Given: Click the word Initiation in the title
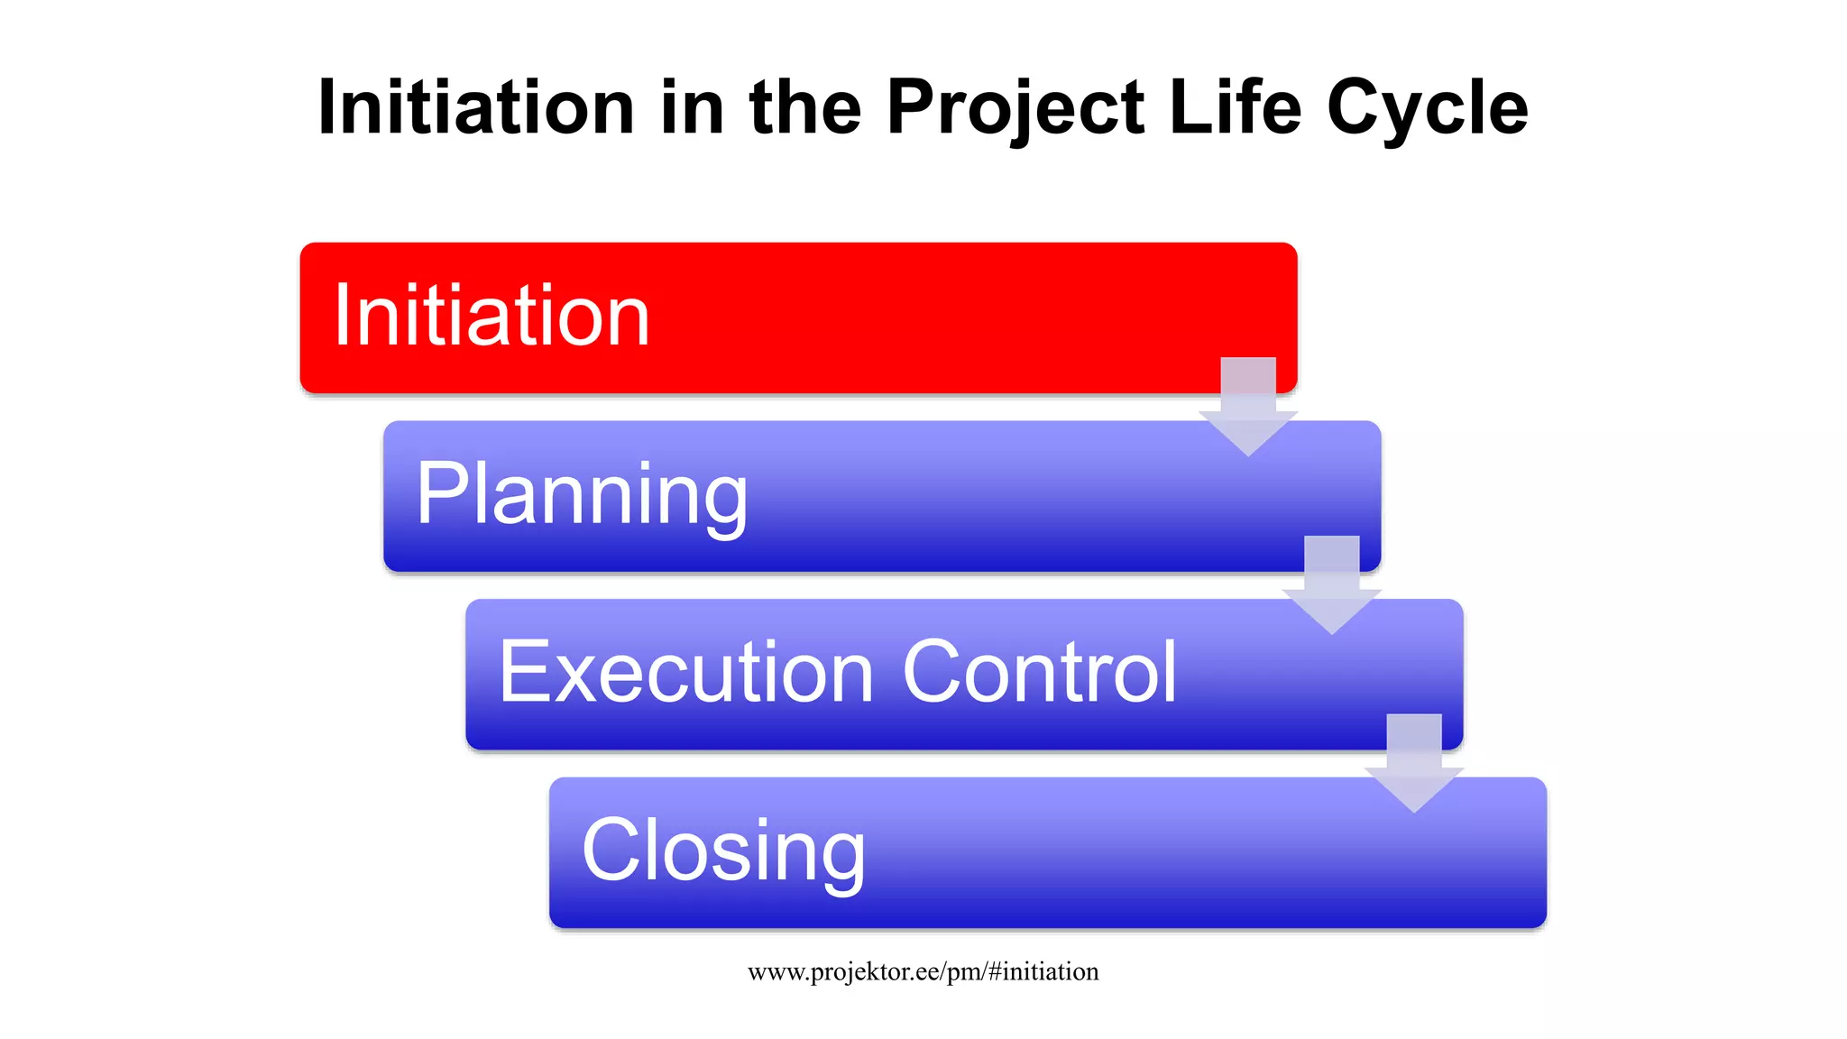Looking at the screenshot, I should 476,107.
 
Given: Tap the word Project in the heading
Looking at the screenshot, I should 1015,107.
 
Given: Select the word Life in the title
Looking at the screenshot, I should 1235,107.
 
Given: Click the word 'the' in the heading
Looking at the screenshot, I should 804,107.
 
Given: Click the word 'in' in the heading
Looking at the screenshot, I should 692,107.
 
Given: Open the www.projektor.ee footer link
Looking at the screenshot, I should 923,971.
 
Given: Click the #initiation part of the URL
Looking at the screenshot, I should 1043,971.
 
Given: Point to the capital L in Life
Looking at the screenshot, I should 1187,107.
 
